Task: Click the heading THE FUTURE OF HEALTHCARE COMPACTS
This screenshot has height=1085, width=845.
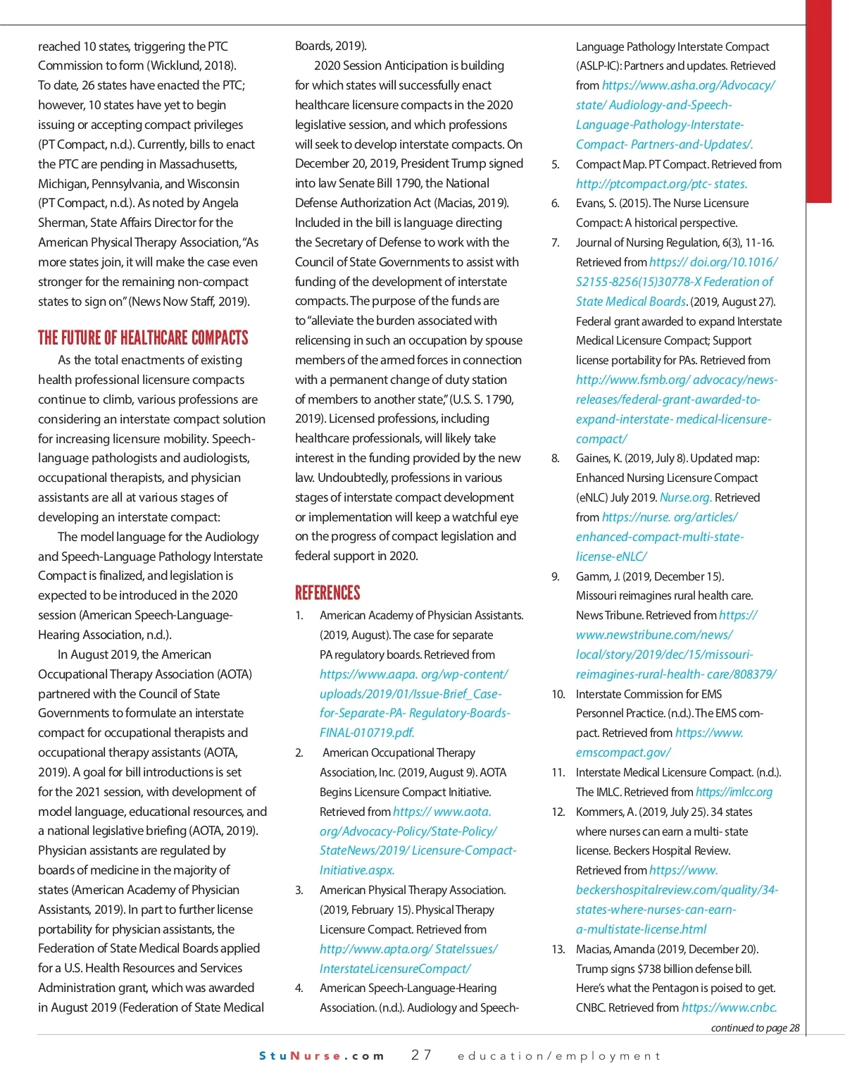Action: pos(143,338)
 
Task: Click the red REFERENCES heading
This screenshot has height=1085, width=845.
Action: pos(327,593)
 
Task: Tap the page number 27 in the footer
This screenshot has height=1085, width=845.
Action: pos(421,1055)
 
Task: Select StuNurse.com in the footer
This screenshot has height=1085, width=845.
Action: pos(322,1055)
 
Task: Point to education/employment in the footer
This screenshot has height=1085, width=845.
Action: pos(559,1055)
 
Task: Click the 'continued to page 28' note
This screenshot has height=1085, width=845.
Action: pos(755,1028)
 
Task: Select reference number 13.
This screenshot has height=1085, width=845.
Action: pos(558,949)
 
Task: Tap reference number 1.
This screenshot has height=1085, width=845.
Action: pos(299,616)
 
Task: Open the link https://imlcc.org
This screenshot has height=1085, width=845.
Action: pos(734,792)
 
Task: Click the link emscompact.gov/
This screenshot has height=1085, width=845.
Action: pos(623,752)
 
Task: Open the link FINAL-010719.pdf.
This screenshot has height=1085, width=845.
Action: pos(367,733)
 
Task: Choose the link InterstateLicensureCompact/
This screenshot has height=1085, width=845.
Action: pos(395,969)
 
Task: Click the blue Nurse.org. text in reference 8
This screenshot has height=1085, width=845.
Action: pos(685,497)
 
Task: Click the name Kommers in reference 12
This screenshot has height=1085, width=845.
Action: pos(602,812)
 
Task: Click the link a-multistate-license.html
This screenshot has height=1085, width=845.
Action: pos(641,929)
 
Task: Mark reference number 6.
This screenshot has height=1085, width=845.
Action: pos(556,204)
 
